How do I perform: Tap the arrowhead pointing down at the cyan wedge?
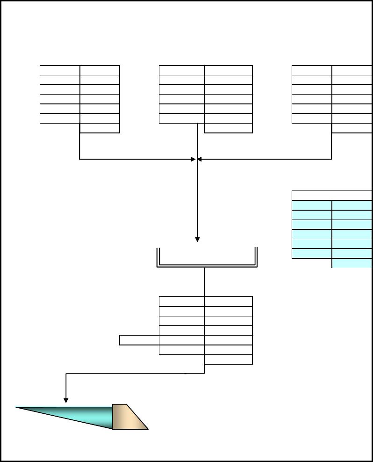point(66,400)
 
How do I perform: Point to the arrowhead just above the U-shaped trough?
point(197,239)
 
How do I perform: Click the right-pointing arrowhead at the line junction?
point(193,159)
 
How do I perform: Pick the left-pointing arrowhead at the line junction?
point(200,159)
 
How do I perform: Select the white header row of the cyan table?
point(331,196)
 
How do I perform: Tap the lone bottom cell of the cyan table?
point(351,263)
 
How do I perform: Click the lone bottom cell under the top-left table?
point(100,128)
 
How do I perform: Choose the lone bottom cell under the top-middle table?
point(228,128)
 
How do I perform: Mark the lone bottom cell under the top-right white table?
point(351,128)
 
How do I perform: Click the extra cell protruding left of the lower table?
point(139,340)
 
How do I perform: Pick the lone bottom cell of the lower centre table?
point(228,359)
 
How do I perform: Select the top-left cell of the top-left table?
point(60,70)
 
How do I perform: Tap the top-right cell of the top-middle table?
point(228,70)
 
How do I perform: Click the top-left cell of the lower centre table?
point(181,301)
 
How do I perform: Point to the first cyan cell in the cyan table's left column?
point(312,205)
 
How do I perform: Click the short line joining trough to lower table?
point(204,282)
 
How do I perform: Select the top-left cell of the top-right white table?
point(312,70)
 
